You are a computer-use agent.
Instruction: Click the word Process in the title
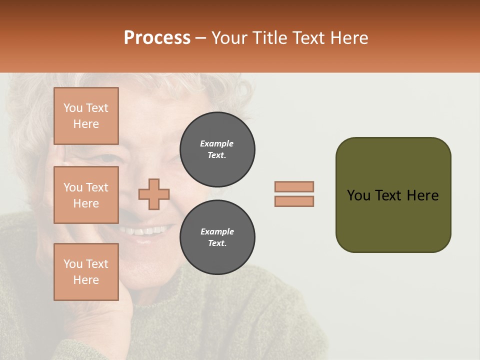coord(157,38)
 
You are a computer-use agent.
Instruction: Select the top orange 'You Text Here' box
coord(86,116)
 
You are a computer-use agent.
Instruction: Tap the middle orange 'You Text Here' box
coord(86,195)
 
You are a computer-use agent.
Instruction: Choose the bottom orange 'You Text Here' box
coord(86,272)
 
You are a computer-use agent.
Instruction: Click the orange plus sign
coord(154,194)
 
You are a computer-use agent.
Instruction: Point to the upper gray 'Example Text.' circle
coord(217,149)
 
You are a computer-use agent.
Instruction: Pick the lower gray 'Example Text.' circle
coord(217,237)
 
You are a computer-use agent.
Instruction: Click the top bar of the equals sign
coord(294,186)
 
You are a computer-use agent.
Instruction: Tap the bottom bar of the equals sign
coord(294,201)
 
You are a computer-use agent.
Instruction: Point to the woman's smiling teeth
coord(146,231)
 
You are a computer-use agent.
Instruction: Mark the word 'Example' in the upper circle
coord(217,143)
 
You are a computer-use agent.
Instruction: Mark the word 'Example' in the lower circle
coord(217,231)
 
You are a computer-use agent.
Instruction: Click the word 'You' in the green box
coord(358,195)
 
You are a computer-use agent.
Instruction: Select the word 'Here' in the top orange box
coord(86,124)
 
